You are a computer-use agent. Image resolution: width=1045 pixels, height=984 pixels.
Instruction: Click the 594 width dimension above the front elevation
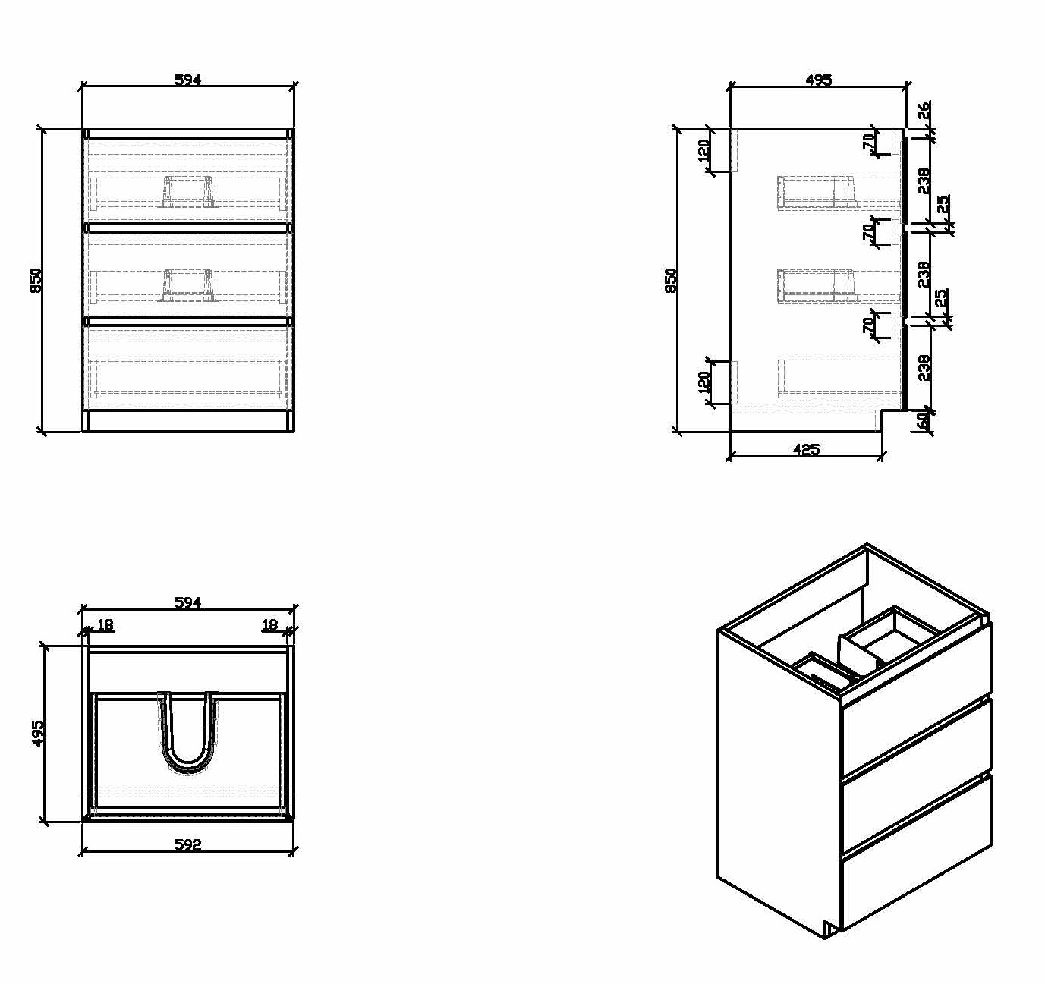pyautogui.click(x=188, y=80)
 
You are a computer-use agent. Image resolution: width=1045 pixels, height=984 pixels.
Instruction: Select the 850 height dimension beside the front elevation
pyautogui.click(x=36, y=281)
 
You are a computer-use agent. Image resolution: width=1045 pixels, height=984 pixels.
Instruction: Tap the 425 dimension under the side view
pyautogui.click(x=806, y=449)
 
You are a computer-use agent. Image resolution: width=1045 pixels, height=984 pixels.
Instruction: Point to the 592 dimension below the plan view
pyautogui.click(x=188, y=844)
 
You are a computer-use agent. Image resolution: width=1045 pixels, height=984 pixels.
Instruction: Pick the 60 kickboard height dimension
pyautogui.click(x=921, y=420)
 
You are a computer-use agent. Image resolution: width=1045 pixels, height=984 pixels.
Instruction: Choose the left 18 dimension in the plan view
pyautogui.click(x=105, y=624)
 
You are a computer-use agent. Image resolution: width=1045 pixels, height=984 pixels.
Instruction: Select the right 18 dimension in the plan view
pyautogui.click(x=270, y=624)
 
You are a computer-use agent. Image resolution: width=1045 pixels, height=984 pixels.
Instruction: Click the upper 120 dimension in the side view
pyautogui.click(x=703, y=150)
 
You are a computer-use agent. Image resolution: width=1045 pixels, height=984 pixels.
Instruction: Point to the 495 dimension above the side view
pyautogui.click(x=819, y=80)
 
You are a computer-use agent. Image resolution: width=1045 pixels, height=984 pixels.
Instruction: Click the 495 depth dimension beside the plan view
pyautogui.click(x=38, y=732)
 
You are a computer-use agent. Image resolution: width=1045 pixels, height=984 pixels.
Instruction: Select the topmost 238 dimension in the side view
pyautogui.click(x=924, y=181)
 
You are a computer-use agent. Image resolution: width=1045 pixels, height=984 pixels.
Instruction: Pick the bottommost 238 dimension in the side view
pyautogui.click(x=924, y=367)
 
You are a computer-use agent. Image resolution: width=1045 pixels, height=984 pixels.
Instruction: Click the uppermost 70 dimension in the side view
pyautogui.click(x=868, y=141)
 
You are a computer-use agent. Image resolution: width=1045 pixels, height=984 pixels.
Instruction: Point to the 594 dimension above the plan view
pyautogui.click(x=188, y=602)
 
